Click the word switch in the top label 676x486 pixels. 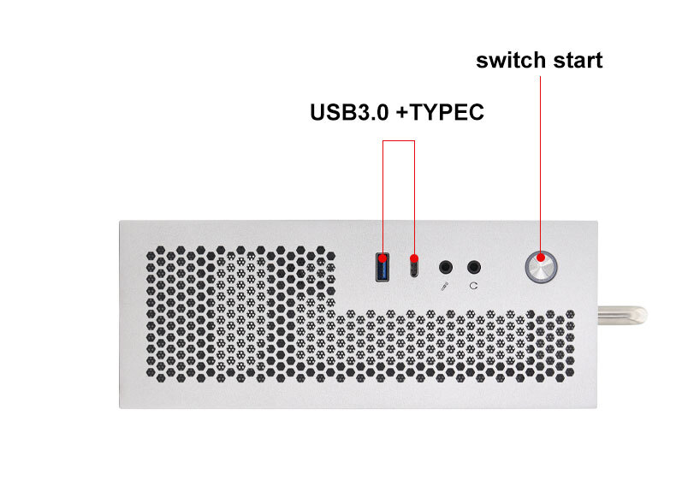(511, 60)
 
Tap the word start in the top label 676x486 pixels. (578, 61)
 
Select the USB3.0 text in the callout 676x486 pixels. (349, 112)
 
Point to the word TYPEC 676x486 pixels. (446, 112)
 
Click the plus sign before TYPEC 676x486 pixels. (402, 113)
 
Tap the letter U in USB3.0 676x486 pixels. (317, 112)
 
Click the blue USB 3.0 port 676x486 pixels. (382, 267)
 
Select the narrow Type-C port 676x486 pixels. (414, 269)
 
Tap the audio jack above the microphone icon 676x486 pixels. (446, 267)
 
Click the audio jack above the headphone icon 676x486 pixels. (474, 267)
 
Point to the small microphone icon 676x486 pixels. (445, 286)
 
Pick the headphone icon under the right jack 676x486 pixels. (473, 286)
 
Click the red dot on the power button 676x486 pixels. (540, 258)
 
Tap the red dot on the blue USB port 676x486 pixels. (382, 258)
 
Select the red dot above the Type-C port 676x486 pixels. (414, 258)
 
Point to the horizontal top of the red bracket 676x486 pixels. (399, 140)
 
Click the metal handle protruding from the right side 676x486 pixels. (622, 315)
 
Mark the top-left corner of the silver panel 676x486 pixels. (120, 221)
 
